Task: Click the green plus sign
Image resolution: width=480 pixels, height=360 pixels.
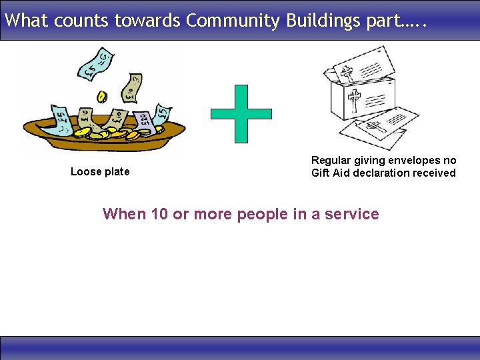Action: (x=241, y=113)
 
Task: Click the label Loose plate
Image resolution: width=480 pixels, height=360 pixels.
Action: (x=100, y=172)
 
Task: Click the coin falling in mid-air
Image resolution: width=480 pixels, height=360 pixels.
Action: (x=102, y=97)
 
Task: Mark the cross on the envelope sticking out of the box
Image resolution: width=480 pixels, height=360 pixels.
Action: (x=346, y=73)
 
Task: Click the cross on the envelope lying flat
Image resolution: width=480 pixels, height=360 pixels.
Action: (x=373, y=127)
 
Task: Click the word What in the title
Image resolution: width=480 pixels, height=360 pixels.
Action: (x=27, y=21)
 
